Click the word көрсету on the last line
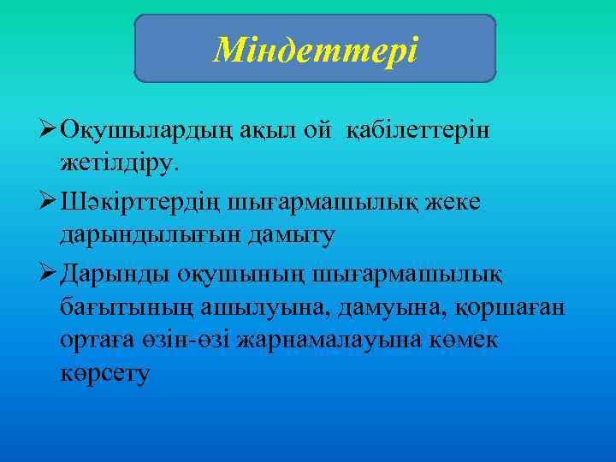(x=105, y=373)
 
